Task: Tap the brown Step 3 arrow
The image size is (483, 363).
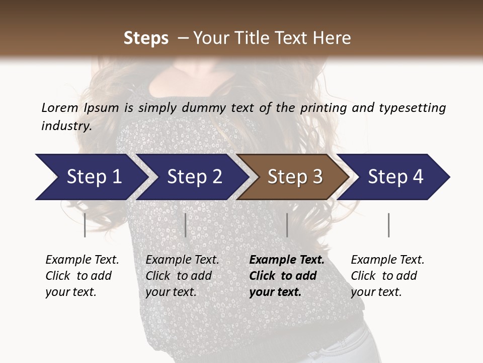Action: (x=295, y=177)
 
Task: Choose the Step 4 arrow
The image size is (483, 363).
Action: (x=395, y=177)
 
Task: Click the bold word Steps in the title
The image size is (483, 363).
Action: (x=146, y=38)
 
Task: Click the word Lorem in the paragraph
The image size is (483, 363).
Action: (x=59, y=107)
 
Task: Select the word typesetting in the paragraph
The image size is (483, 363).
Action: (x=412, y=107)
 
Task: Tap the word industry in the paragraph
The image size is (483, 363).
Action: (x=66, y=126)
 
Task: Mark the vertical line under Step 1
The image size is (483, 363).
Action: (x=85, y=225)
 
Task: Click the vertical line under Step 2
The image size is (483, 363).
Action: (x=185, y=225)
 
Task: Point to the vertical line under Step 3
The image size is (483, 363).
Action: (x=287, y=225)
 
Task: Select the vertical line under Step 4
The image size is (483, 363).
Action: (x=388, y=225)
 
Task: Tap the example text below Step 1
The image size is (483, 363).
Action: (x=82, y=276)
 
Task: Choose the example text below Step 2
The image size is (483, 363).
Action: (x=182, y=276)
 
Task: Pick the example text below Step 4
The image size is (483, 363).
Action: (x=387, y=276)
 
